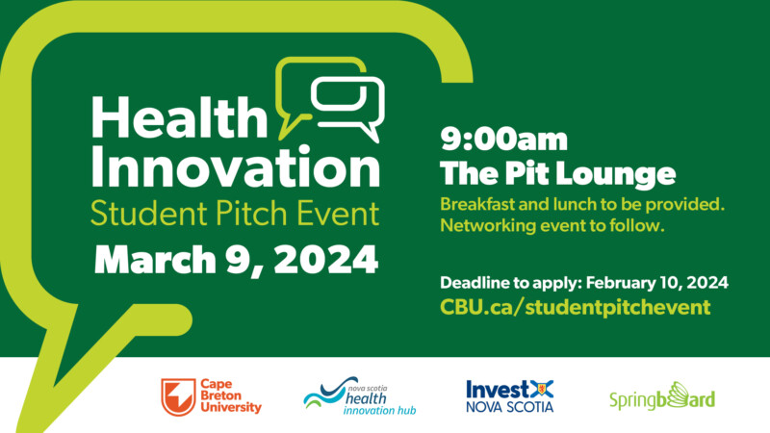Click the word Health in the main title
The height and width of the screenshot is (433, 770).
click(179, 116)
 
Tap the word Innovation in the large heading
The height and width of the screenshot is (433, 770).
click(235, 166)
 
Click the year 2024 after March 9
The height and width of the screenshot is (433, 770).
click(326, 259)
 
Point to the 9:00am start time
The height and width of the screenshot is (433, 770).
click(503, 139)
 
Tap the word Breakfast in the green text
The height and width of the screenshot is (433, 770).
click(476, 204)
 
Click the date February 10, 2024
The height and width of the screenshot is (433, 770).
click(657, 283)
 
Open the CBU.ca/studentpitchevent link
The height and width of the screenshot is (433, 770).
click(575, 307)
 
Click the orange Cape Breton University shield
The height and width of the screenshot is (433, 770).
click(178, 396)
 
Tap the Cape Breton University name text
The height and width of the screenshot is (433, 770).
click(231, 395)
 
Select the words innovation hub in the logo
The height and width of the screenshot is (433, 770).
click(379, 410)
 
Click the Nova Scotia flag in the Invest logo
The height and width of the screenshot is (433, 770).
click(542, 389)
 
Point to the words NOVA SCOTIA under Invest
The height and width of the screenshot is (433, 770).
click(510, 406)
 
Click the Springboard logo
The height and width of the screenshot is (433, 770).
click(662, 396)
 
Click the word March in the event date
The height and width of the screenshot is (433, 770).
click(155, 259)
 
